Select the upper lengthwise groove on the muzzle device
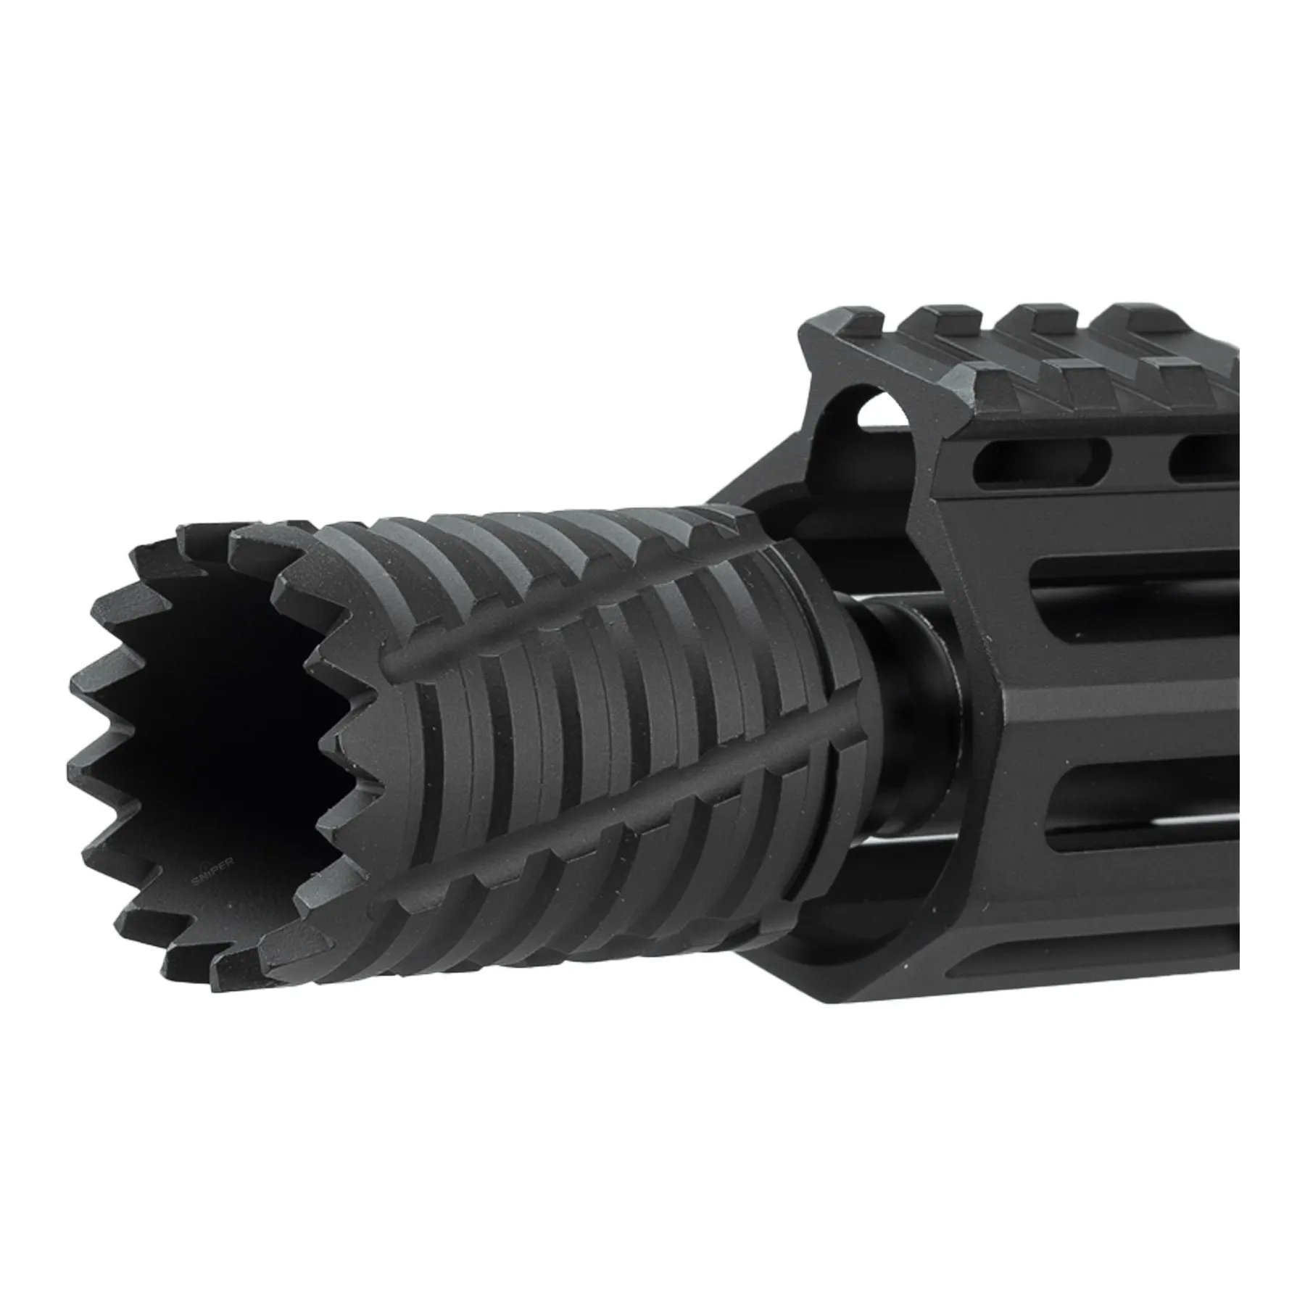[x=580, y=609]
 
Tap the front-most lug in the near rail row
[x=979, y=377]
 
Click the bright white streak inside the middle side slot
[x=1160, y=823]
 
